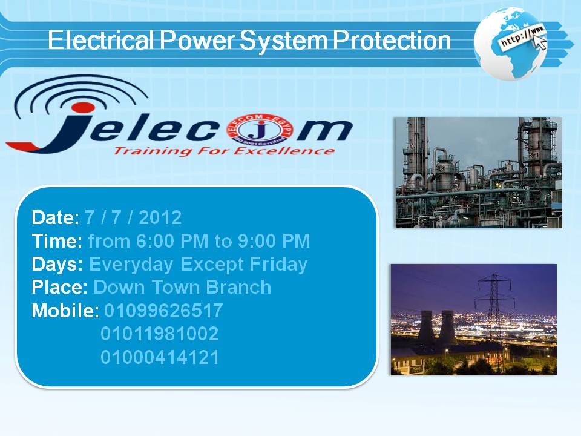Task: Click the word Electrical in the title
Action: click(100, 40)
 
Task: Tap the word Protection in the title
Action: click(392, 40)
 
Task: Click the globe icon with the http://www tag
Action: click(511, 44)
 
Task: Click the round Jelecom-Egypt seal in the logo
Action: click(261, 131)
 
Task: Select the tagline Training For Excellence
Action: click(224, 151)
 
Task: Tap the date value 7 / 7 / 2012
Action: click(133, 217)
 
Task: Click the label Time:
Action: click(57, 241)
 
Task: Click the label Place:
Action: click(60, 287)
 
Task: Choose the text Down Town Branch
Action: click(182, 287)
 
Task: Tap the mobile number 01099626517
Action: click(163, 311)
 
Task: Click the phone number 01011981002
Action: click(159, 334)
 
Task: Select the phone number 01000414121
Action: click(160, 357)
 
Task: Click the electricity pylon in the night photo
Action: click(494, 308)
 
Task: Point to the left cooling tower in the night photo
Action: click(426, 328)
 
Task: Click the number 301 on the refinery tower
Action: click(534, 156)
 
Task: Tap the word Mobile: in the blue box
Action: click(65, 311)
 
